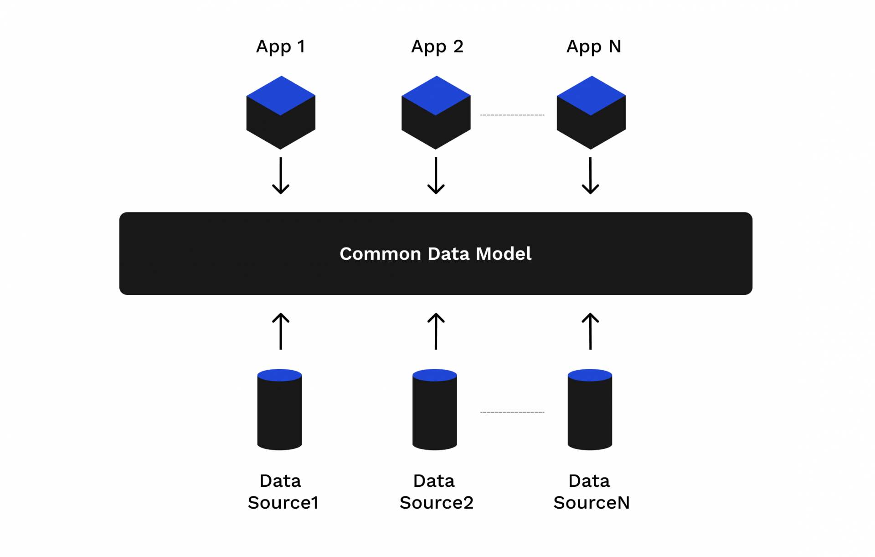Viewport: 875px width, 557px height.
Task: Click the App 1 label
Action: point(280,46)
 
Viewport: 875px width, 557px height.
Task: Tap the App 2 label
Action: point(437,46)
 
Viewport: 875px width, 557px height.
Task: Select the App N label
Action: point(593,46)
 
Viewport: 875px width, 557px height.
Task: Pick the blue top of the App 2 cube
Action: point(436,95)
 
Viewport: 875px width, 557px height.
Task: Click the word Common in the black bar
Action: point(380,254)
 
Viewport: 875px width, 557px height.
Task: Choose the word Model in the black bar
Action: point(504,254)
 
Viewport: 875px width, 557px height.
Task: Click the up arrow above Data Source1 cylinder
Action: point(281,331)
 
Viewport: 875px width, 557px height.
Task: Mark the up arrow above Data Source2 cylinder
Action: point(436,331)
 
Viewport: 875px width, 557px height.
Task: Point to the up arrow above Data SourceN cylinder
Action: point(591,331)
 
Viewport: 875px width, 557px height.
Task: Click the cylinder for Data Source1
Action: point(279,413)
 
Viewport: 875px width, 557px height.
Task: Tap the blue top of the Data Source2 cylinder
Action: point(434,375)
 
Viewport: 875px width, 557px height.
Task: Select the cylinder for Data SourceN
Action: point(590,413)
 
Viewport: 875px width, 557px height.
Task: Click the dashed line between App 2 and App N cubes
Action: point(512,115)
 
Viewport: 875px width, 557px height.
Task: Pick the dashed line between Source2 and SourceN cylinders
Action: point(512,412)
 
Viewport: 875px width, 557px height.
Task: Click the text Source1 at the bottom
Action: point(283,503)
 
